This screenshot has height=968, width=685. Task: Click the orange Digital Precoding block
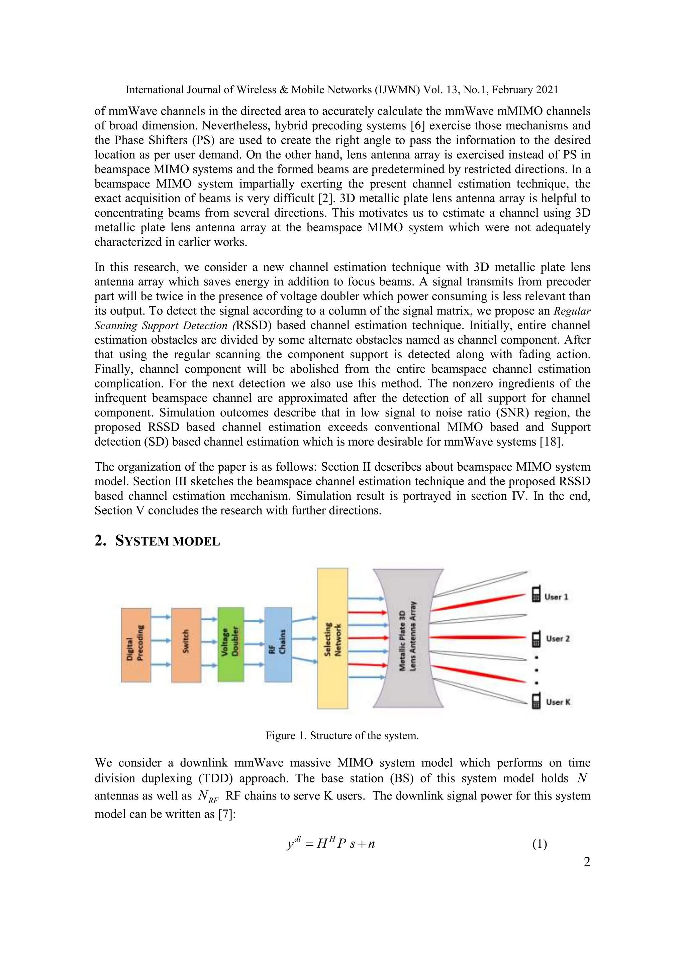pyautogui.click(x=136, y=645)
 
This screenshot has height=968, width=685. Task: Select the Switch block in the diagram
pyautogui.click(x=186, y=645)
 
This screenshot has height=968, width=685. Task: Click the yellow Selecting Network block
pyautogui.click(x=332, y=638)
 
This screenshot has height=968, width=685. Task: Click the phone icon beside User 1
pyautogui.click(x=536, y=594)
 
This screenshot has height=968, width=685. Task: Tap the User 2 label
pyautogui.click(x=558, y=639)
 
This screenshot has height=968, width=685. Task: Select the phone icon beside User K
pyautogui.click(x=536, y=702)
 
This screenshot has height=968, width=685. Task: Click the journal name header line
pyautogui.click(x=341, y=90)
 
